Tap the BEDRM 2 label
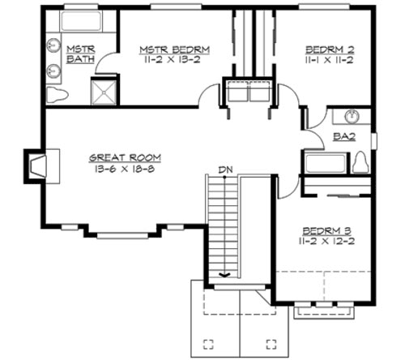[x=330, y=48]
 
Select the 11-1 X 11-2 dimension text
[x=330, y=58]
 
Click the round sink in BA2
[x=353, y=115]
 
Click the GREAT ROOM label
[x=126, y=158]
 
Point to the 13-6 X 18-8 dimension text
[x=126, y=169]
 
